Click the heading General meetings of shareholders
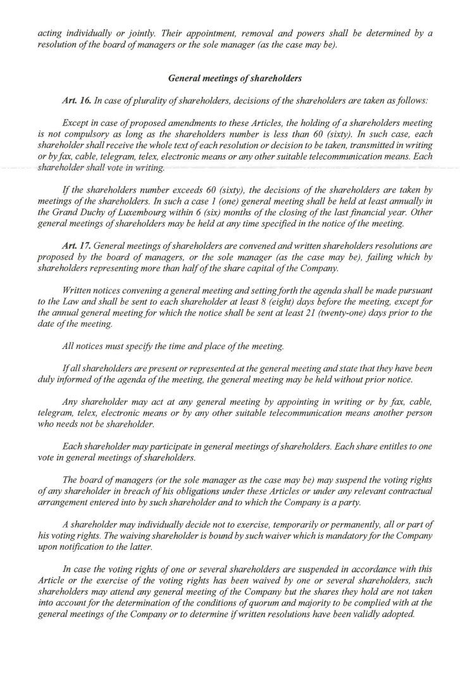235,78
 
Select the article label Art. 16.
75,101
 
